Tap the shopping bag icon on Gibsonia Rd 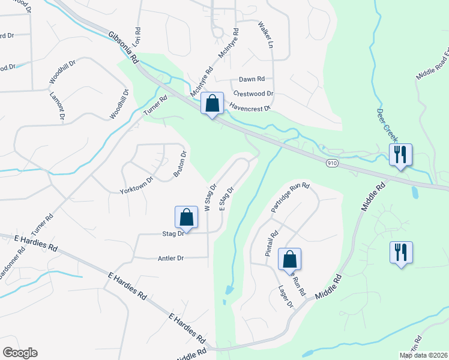click(212, 103)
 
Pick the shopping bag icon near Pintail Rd click(289, 259)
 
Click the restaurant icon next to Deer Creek click(400, 154)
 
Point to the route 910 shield click(333, 163)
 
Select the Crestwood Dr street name click(253, 94)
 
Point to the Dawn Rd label click(252, 79)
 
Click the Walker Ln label click(265, 35)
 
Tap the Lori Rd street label click(137, 37)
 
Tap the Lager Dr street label click(286, 297)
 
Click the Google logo click(20, 353)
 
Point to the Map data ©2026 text click(423, 355)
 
